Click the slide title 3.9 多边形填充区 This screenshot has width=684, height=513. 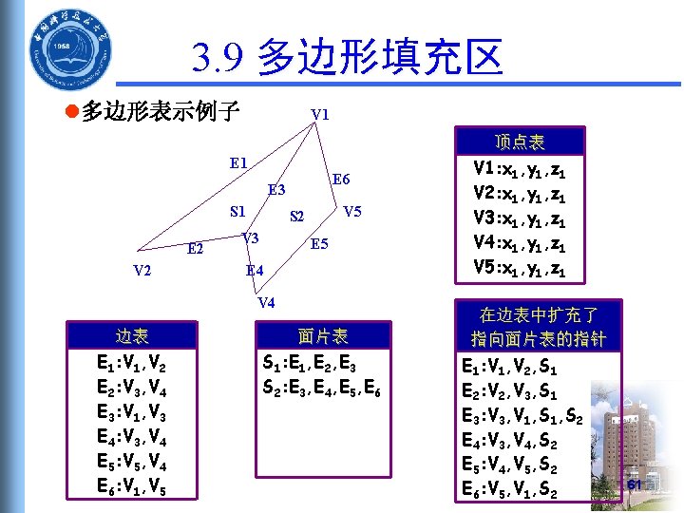[x=346, y=59]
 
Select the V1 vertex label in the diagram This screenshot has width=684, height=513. [x=320, y=115]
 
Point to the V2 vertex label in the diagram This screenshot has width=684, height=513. [x=142, y=270]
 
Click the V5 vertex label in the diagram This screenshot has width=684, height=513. [x=352, y=211]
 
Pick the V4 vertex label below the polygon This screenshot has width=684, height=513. [x=266, y=304]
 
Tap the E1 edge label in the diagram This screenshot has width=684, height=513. [x=239, y=162]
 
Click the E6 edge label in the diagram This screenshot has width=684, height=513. [x=341, y=180]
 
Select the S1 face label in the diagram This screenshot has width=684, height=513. [x=238, y=210]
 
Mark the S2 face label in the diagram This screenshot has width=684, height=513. [x=296, y=218]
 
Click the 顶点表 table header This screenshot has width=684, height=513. [x=520, y=142]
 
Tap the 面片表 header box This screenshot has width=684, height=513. [x=322, y=335]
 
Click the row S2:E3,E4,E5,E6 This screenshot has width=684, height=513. [x=321, y=388]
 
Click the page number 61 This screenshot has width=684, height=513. [x=635, y=484]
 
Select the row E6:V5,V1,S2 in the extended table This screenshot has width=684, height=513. [x=508, y=491]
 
